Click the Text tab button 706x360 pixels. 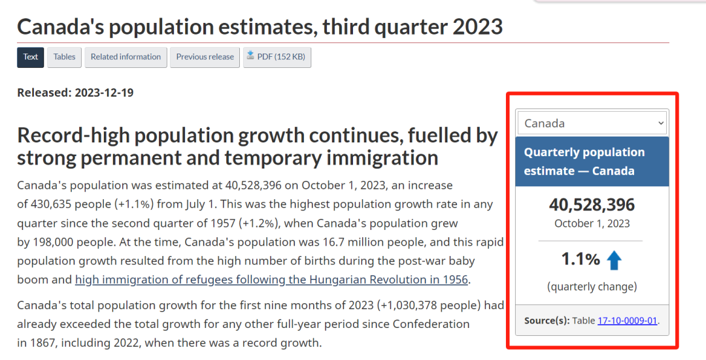[x=31, y=57]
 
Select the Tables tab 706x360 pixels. [x=64, y=57]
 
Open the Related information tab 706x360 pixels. [x=126, y=57]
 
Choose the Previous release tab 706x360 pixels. [x=205, y=57]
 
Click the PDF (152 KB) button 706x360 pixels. [x=277, y=57]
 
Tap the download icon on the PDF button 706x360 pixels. [x=250, y=56]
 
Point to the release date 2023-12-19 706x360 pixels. [x=104, y=93]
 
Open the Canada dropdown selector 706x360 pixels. [x=592, y=123]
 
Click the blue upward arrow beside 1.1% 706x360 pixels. [x=614, y=261]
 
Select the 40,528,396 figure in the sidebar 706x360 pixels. [x=592, y=205]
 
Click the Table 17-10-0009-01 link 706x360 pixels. [x=627, y=320]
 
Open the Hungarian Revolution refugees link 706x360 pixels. [x=271, y=280]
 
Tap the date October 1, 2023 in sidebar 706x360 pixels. [x=592, y=223]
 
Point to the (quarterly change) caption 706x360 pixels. [x=592, y=286]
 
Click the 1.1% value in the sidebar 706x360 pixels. [x=580, y=259]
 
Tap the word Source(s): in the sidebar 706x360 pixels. [x=546, y=320]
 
